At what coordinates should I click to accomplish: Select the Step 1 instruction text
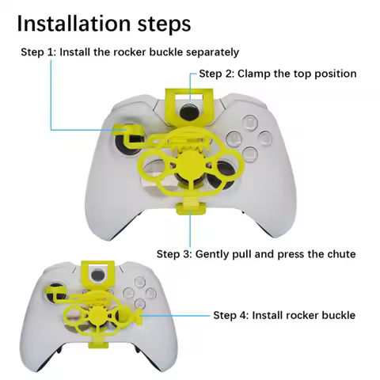(130, 52)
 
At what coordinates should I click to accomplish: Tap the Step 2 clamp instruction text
(277, 74)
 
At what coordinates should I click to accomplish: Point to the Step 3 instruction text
(256, 254)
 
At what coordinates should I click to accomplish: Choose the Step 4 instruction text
(284, 315)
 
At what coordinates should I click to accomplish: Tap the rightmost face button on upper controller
(270, 137)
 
